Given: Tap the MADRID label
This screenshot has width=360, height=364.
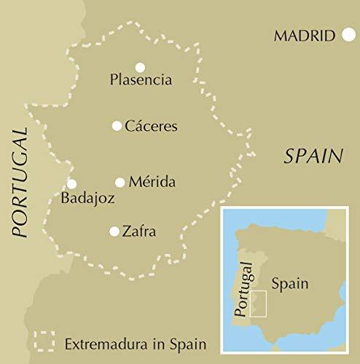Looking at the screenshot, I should click(305, 36).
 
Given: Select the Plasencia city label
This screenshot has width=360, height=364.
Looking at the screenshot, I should click(141, 79).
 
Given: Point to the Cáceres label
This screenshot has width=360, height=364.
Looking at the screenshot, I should click(151, 126).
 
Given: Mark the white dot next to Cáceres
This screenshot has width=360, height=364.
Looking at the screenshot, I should click(117, 126).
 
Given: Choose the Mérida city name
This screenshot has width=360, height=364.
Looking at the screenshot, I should click(152, 182).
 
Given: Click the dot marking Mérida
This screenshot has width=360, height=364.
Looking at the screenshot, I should click(120, 182).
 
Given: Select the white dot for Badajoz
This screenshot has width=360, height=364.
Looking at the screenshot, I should click(71, 184).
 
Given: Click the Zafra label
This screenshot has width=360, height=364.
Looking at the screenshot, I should click(140, 232).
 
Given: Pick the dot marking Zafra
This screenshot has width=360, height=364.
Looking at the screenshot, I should click(114, 232).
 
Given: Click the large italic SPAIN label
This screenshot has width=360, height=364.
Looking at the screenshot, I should click(313, 155).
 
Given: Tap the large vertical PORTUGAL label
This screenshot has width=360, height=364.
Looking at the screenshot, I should click(20, 182).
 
